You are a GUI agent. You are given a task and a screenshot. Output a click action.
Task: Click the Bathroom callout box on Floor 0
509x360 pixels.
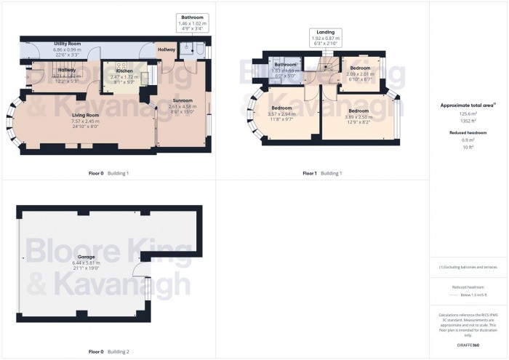193,22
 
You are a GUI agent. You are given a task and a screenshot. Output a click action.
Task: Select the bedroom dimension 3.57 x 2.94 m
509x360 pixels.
281,113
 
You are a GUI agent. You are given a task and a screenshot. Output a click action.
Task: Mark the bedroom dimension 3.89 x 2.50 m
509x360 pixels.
358,116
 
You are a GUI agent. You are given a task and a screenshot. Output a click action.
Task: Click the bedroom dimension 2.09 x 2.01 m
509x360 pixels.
360,73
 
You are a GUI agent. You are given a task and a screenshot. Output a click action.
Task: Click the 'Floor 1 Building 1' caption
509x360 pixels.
321,173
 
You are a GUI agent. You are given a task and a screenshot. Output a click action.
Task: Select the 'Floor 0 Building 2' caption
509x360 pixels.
108,351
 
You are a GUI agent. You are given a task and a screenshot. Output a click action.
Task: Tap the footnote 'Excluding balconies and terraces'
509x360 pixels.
468,268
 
